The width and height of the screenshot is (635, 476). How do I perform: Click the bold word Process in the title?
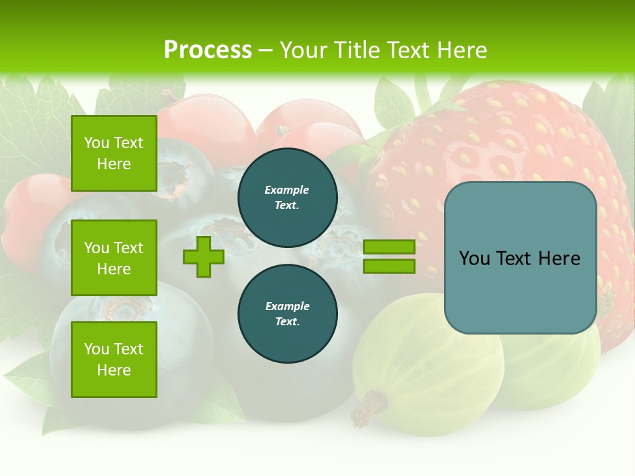click(x=208, y=50)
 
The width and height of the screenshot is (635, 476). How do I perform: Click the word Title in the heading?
click(x=358, y=50)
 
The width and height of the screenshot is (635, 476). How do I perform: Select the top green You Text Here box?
click(x=114, y=153)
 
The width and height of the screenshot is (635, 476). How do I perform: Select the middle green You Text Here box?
click(x=114, y=258)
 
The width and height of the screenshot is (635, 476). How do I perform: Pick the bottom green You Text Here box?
click(x=114, y=359)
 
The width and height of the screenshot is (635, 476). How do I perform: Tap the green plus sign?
click(x=204, y=257)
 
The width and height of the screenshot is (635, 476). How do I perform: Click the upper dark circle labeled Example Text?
click(x=287, y=197)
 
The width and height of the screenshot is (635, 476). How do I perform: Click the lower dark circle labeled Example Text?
click(x=287, y=313)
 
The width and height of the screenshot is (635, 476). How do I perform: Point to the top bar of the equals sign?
click(x=389, y=247)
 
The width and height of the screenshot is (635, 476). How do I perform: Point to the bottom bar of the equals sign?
click(x=389, y=266)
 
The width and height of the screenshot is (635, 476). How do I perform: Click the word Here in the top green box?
click(x=114, y=164)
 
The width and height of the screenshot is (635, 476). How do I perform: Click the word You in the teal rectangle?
click(x=474, y=258)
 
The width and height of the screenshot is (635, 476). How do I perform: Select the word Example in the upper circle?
click(x=287, y=190)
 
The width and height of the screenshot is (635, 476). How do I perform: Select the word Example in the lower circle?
click(x=287, y=306)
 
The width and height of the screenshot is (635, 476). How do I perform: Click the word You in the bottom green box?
click(x=97, y=348)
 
